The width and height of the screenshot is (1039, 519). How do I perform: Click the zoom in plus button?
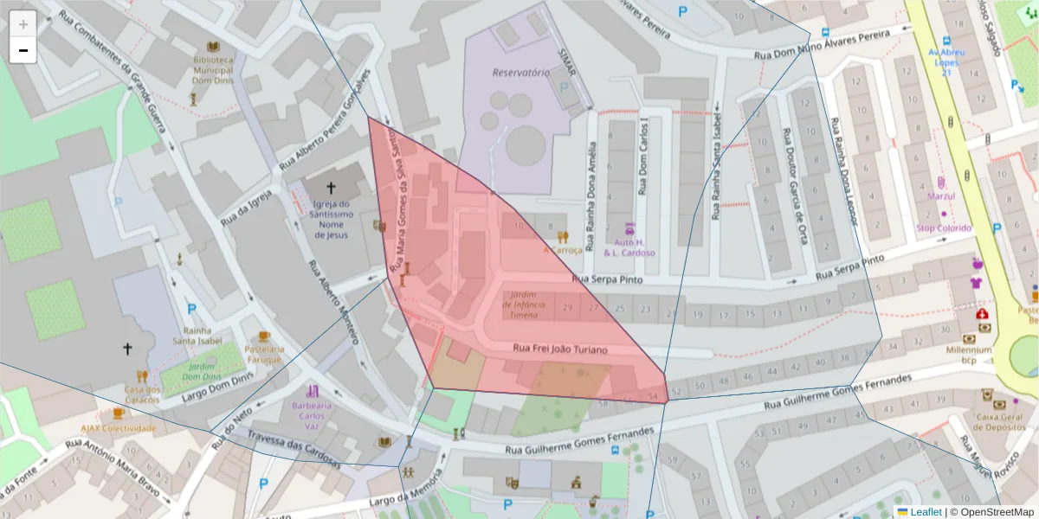tap(23, 24)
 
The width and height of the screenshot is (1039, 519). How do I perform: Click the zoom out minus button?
tap(23, 50)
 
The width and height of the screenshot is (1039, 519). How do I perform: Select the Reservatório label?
tap(520, 73)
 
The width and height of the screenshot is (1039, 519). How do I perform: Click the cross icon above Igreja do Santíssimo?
tap(330, 188)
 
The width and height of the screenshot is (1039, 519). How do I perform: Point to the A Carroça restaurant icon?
tap(563, 237)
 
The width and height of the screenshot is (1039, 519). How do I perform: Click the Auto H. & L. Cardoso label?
tap(629, 247)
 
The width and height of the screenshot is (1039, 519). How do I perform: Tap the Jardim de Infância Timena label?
tap(524, 304)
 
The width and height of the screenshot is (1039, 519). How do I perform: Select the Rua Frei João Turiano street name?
tap(560, 349)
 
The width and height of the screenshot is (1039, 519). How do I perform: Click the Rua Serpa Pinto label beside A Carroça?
tap(608, 279)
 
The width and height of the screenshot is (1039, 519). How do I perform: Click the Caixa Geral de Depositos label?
tap(1000, 421)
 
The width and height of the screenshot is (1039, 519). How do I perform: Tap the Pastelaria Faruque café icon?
tap(264, 336)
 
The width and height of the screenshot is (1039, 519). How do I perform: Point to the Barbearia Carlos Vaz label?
tap(312, 411)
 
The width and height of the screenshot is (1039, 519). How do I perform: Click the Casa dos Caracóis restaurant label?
tap(142, 394)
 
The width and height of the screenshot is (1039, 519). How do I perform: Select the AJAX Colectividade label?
tap(118, 428)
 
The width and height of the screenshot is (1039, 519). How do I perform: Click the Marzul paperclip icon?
tap(940, 183)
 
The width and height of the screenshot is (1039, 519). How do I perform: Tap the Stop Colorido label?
tap(944, 228)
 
